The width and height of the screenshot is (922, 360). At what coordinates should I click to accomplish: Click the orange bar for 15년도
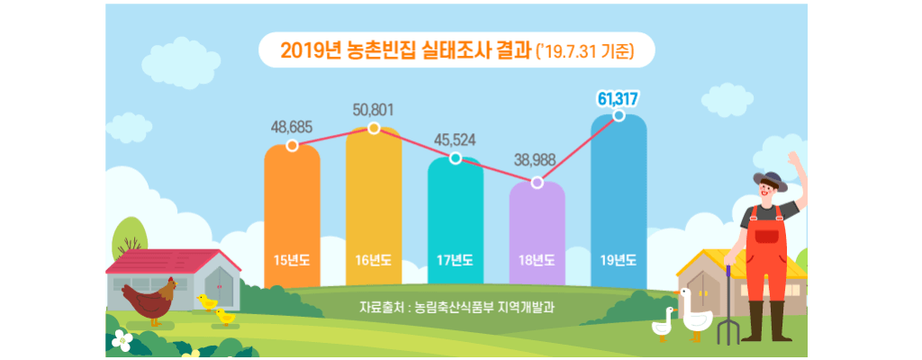[x=292, y=216]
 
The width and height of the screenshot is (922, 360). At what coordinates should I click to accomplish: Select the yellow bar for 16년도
[x=374, y=207]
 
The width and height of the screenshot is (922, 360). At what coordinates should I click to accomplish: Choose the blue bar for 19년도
[x=619, y=198]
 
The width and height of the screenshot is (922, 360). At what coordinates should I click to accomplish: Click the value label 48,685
[x=292, y=127]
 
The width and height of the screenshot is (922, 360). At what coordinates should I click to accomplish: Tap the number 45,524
[x=456, y=139]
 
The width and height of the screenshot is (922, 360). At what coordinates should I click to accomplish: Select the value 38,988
[x=538, y=163]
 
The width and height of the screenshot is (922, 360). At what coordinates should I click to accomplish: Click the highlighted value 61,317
[x=619, y=97]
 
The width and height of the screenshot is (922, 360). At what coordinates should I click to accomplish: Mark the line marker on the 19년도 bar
[x=619, y=115]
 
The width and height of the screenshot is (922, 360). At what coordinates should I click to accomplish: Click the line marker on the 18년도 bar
[x=538, y=183]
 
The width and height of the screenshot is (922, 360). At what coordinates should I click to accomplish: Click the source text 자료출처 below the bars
[x=456, y=306]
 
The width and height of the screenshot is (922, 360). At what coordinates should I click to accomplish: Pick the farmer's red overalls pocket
[x=766, y=236]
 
